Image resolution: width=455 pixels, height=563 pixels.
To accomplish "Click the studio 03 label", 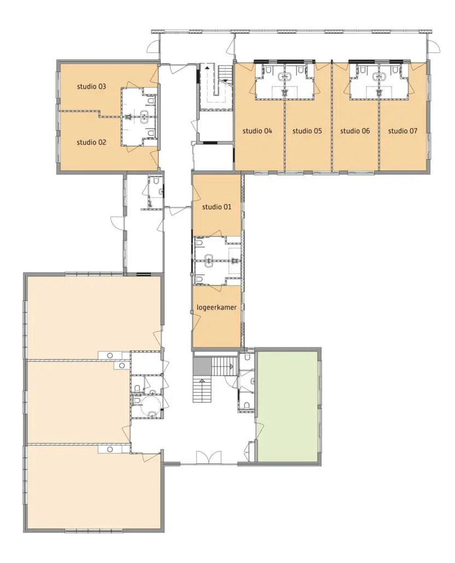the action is (91, 86).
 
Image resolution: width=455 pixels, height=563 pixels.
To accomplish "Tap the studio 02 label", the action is (91, 143).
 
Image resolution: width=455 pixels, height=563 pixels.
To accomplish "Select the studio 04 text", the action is (257, 131).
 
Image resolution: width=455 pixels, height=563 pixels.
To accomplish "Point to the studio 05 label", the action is (307, 131).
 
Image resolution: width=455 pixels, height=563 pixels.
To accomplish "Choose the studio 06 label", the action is (355, 131).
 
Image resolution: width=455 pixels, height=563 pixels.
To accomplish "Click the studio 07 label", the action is (402, 131).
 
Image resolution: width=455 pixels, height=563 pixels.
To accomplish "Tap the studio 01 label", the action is (217, 207).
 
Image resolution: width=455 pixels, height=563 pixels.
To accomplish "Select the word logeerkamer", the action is (217, 308).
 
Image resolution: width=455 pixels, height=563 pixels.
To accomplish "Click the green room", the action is (287, 406).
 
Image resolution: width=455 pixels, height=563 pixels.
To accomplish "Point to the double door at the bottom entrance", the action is (209, 458).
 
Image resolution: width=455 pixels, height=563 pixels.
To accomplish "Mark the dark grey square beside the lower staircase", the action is (202, 366).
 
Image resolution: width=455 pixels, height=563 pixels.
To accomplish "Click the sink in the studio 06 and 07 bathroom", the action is (379, 76).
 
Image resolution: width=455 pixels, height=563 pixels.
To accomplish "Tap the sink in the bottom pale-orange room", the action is (110, 449).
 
